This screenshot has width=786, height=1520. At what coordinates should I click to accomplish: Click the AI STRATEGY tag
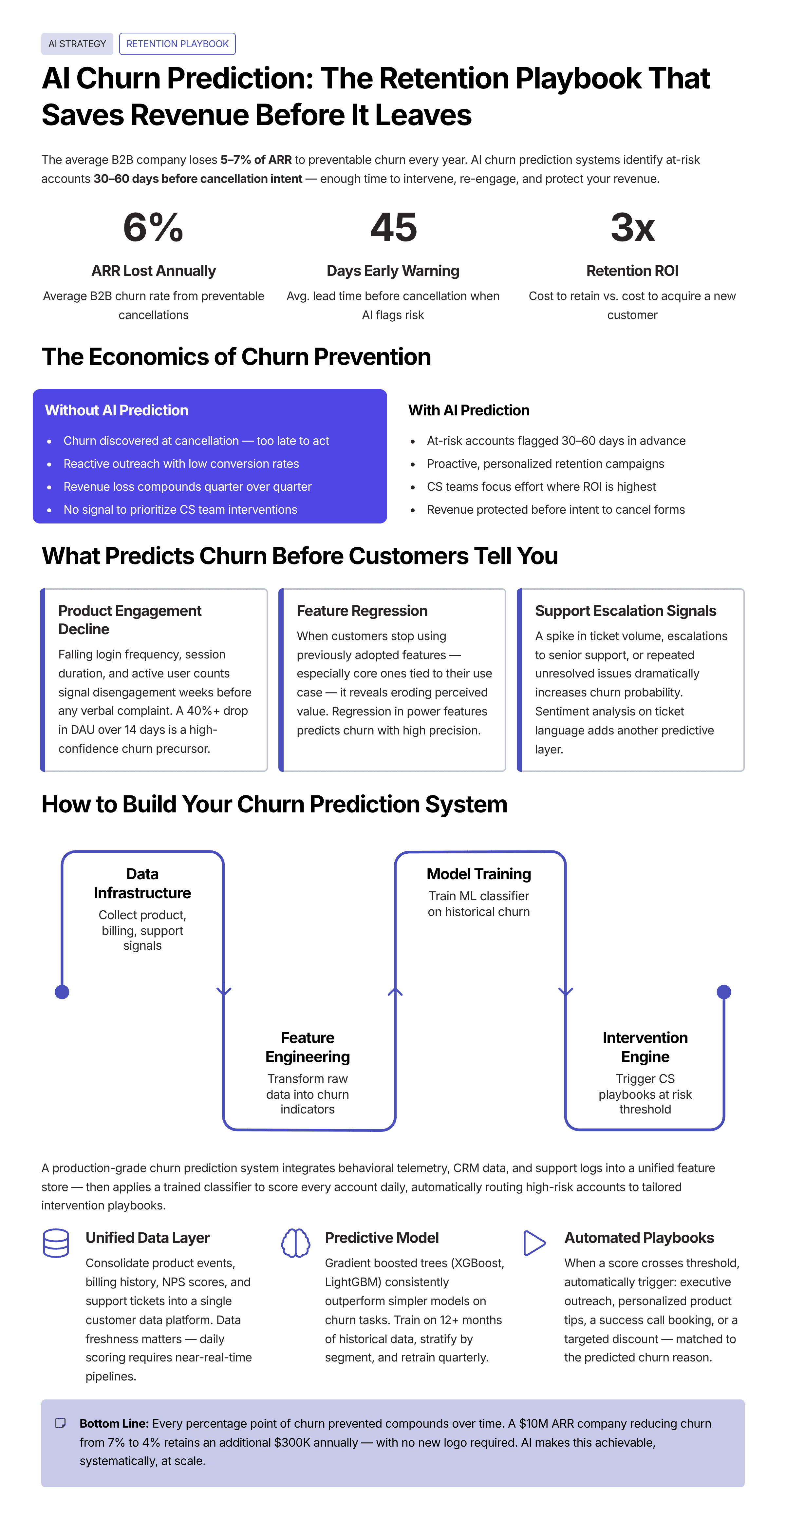pyautogui.click(x=77, y=44)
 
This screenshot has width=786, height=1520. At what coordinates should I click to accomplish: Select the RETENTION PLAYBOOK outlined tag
pyautogui.click(x=177, y=44)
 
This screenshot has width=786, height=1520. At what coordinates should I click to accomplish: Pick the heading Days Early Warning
pyautogui.click(x=393, y=271)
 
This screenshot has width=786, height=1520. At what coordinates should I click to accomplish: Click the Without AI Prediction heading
pyautogui.click(x=117, y=410)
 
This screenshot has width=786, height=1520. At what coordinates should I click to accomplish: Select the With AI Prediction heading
pyautogui.click(x=469, y=410)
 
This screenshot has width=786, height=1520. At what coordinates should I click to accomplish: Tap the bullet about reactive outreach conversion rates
pyautogui.click(x=181, y=464)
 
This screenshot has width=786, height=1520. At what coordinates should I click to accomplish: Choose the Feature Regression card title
pyautogui.click(x=362, y=611)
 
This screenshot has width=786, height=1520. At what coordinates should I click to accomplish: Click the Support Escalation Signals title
pyautogui.click(x=626, y=611)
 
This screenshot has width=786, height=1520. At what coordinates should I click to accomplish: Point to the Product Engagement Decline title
pyautogui.click(x=130, y=619)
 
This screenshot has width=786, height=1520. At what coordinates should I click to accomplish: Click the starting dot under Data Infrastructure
pyautogui.click(x=62, y=992)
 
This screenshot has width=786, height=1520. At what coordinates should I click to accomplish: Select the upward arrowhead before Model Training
pyautogui.click(x=395, y=992)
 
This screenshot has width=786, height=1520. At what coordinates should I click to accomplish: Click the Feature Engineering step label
pyautogui.click(x=308, y=1047)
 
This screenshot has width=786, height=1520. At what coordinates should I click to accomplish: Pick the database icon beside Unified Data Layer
pyautogui.click(x=56, y=1243)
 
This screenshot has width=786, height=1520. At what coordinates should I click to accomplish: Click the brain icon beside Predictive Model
pyautogui.click(x=296, y=1243)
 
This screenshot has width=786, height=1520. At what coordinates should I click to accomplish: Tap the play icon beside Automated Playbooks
pyautogui.click(x=534, y=1243)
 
